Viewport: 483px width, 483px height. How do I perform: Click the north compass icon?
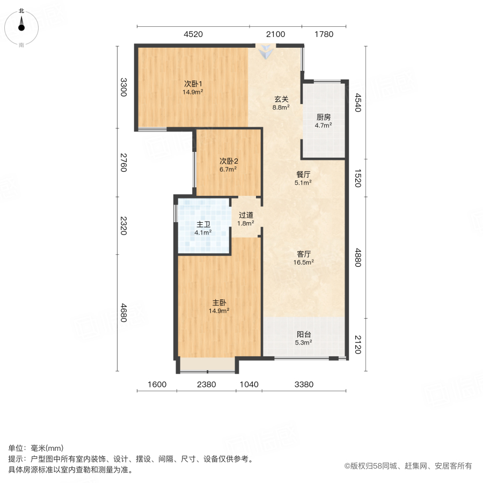click(21, 27)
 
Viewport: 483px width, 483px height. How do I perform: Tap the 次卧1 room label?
click(193, 84)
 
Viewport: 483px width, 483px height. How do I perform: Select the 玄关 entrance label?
click(282, 99)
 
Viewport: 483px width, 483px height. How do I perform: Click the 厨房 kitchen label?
click(323, 118)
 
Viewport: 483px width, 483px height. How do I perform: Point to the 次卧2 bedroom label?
click(229, 161)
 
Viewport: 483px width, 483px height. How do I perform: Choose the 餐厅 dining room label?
click(304, 175)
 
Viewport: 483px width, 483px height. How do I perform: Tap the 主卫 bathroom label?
click(203, 225)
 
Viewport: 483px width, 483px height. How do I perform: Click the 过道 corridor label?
click(246, 215)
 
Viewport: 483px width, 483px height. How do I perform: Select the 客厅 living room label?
click(304, 255)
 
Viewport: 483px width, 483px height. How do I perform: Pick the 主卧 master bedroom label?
click(219, 303)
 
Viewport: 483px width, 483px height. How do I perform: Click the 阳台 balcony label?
click(304, 334)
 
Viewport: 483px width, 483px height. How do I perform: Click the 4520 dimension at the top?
click(193, 34)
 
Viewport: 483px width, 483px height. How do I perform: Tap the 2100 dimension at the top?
click(274, 34)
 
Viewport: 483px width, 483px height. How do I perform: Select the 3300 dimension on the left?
click(123, 87)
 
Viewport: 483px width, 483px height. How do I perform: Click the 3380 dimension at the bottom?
click(303, 384)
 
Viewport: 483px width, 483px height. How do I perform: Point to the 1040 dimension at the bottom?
click(248, 384)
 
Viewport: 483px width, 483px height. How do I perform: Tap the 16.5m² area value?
click(304, 262)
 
